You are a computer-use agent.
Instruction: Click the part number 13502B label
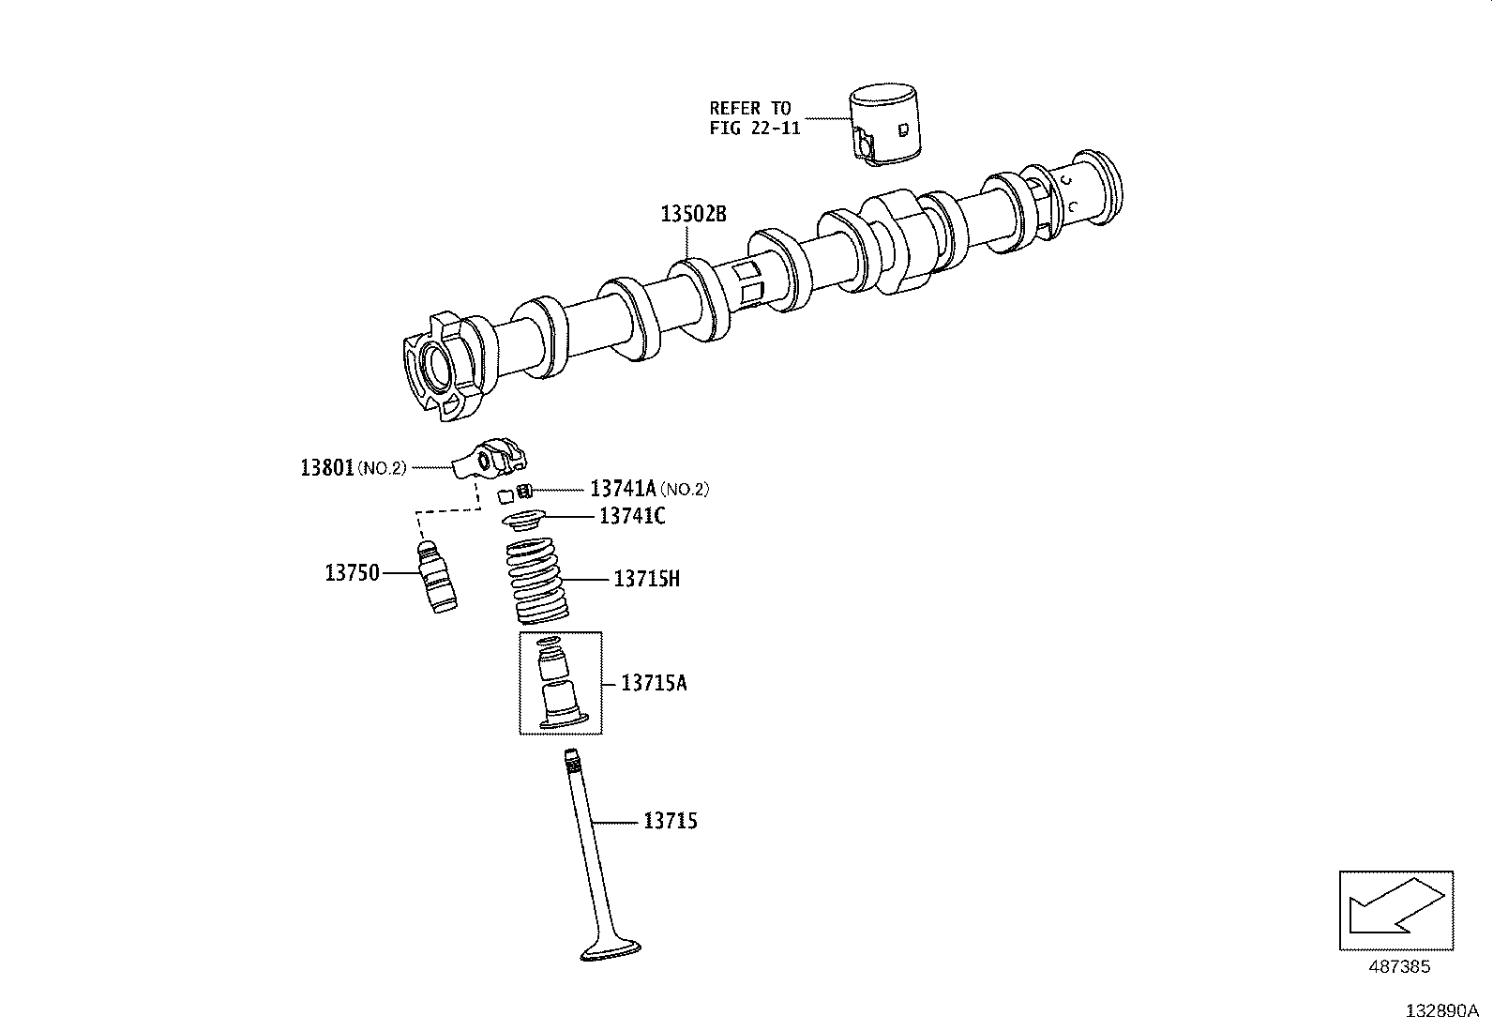point(693,214)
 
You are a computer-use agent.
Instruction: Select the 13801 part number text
point(326,466)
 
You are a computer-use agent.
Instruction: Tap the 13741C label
point(632,516)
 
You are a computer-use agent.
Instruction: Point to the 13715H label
point(646,579)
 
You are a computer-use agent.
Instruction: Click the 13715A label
point(654,682)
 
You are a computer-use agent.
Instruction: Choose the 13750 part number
point(352,572)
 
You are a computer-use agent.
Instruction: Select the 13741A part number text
point(623,489)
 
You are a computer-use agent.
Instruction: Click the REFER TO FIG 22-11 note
point(753,118)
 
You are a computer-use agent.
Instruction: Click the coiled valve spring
point(537,581)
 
